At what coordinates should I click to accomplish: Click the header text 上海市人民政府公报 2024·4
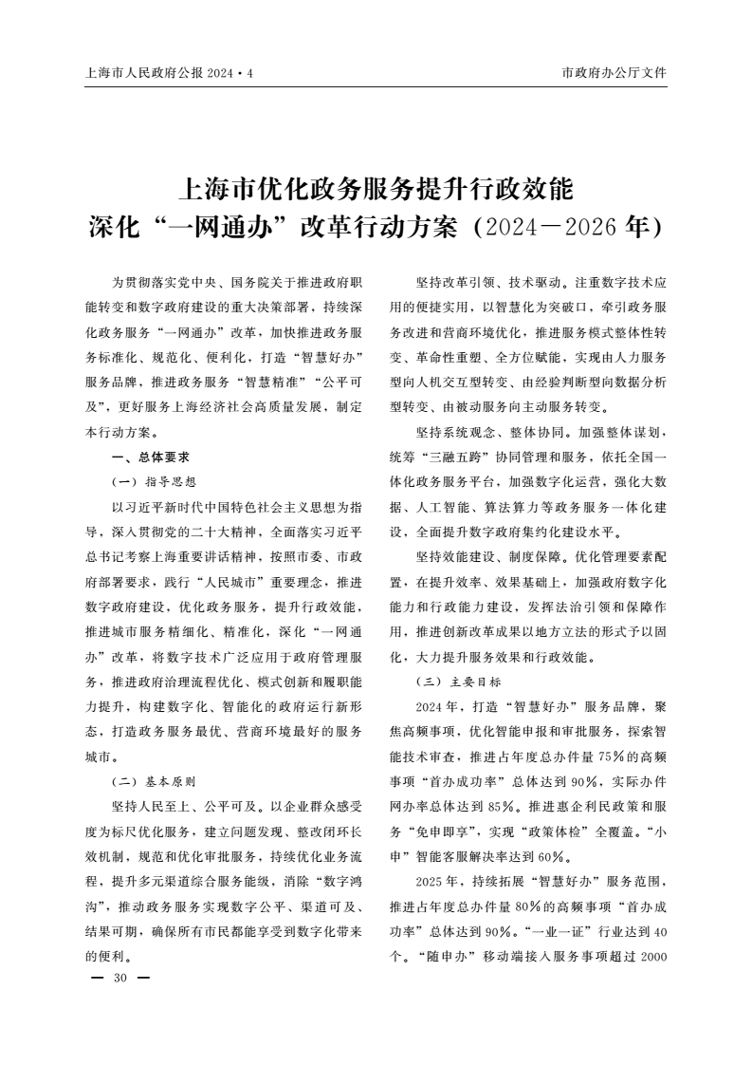click(x=170, y=72)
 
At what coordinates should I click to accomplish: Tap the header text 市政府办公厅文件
click(x=614, y=72)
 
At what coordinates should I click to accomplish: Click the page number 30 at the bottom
click(x=119, y=977)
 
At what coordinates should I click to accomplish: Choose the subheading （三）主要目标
click(x=458, y=682)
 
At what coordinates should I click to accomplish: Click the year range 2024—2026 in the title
click(x=555, y=228)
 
